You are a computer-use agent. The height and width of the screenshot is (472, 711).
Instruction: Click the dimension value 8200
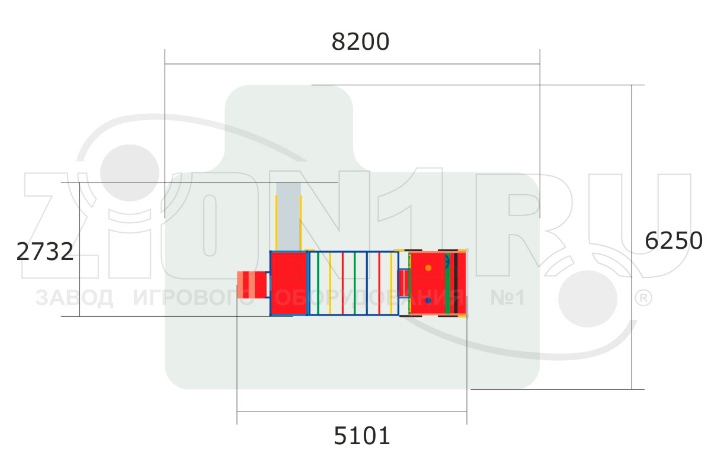[360, 41]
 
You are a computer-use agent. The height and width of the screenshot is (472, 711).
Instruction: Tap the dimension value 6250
[674, 241]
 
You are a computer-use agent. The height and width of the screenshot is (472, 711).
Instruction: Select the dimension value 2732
[45, 252]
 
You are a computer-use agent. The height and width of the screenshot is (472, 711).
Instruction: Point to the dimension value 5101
[362, 436]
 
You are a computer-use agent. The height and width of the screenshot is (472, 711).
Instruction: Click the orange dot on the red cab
[428, 268]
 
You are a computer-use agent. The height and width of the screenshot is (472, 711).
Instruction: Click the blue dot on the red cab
[428, 300]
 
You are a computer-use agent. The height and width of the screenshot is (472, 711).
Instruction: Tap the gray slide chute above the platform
[289, 217]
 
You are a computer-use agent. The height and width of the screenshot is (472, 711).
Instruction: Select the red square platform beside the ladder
[289, 283]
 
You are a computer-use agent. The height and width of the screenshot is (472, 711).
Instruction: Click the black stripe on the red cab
[456, 283]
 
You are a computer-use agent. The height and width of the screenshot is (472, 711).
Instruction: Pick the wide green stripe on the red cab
[447, 283]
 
